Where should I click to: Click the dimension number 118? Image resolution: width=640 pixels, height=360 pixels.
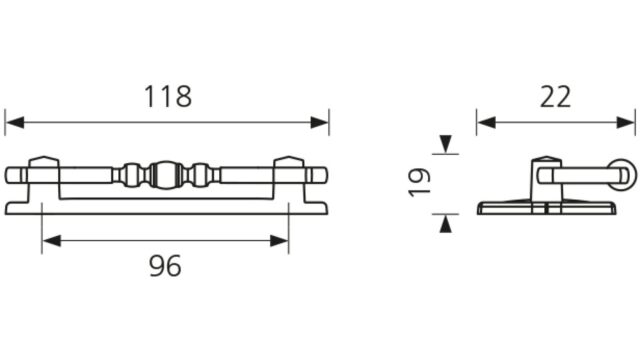[168, 97]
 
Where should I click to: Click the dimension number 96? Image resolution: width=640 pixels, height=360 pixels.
[165, 266]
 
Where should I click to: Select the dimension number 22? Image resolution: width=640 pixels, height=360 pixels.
[555, 97]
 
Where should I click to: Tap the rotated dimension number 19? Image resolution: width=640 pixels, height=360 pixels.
[419, 182]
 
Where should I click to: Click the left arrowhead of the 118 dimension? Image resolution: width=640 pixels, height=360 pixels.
[15, 122]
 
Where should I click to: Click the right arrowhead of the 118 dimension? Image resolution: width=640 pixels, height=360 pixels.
[319, 122]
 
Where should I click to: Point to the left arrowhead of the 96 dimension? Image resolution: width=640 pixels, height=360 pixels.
[51, 241]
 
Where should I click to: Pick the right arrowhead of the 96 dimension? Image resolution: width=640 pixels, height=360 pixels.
[279, 241]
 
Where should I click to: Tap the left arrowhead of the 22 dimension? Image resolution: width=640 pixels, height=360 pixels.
[487, 122]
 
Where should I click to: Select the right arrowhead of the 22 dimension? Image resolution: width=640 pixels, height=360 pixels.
[626, 122]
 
